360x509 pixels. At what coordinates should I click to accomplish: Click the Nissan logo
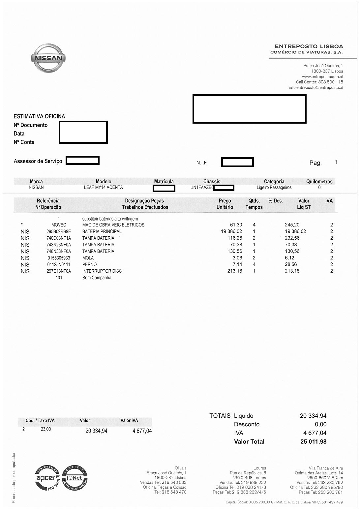pyautogui.click(x=48, y=58)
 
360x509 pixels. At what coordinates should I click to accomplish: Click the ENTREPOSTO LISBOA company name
pyautogui.click(x=309, y=46)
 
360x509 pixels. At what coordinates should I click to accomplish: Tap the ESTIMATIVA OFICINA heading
pyautogui.click(x=39, y=116)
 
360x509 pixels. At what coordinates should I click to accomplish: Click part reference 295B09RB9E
pyautogui.click(x=59, y=231)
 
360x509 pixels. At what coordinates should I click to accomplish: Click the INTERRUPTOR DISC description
pyautogui.click(x=102, y=271)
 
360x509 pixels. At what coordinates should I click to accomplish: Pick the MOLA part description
pyautogui.click(x=88, y=258)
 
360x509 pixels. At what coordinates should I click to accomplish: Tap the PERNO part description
pyautogui.click(x=89, y=264)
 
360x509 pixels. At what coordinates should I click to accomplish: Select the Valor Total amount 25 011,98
pyautogui.click(x=313, y=442)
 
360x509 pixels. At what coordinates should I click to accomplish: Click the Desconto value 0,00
pyautogui.click(x=320, y=424)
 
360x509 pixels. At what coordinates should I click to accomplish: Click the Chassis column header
pyautogui.click(x=212, y=182)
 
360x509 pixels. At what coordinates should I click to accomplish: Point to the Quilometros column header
pyautogui.click(x=319, y=182)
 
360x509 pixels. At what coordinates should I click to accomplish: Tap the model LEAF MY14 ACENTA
pyautogui.click(x=103, y=188)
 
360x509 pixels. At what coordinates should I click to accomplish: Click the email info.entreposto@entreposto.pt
pyautogui.click(x=316, y=88)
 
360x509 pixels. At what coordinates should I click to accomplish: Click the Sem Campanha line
pyautogui.click(x=97, y=278)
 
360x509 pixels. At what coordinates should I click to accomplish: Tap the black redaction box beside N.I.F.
pyautogui.click(x=237, y=162)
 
